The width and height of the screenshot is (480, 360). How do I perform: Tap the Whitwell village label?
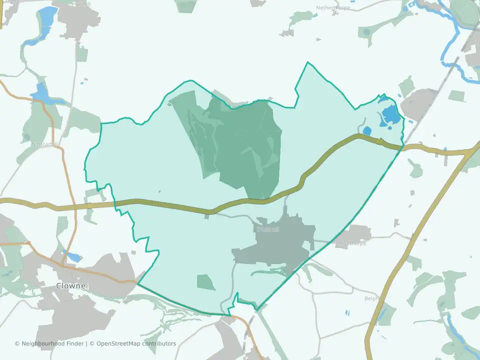267,229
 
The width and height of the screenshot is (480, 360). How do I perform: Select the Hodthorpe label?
353,243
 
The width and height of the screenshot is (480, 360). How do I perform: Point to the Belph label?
371,298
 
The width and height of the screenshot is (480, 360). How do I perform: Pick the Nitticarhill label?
46,144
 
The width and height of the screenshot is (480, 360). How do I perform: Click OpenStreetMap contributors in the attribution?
136,343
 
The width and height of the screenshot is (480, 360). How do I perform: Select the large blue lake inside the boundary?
390,116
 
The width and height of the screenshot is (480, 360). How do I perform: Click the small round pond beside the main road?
367,131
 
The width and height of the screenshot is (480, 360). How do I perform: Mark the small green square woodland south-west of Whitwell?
205,282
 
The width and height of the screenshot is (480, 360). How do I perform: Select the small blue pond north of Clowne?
73,257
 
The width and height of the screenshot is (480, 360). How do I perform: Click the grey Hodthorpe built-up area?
356,232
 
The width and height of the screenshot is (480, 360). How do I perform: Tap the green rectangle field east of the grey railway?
457,95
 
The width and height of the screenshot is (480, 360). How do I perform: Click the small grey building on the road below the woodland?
207,216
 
